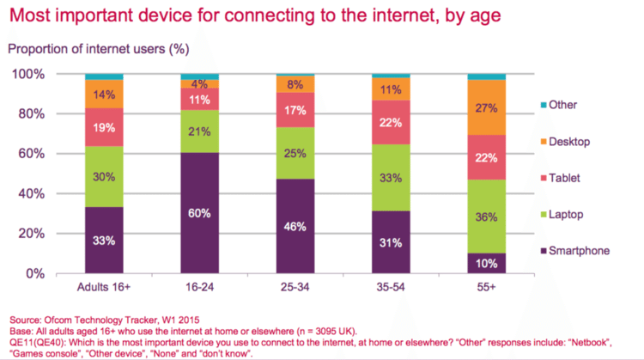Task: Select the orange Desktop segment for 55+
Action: point(486,107)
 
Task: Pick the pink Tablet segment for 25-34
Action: point(295,110)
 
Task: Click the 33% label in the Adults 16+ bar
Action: point(104,241)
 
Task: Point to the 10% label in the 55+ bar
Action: point(486,263)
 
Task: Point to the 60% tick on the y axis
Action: point(32,154)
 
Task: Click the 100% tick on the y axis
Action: point(29,75)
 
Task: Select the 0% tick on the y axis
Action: point(34,273)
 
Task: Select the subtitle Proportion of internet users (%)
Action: point(96,50)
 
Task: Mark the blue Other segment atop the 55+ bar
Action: point(486,77)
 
